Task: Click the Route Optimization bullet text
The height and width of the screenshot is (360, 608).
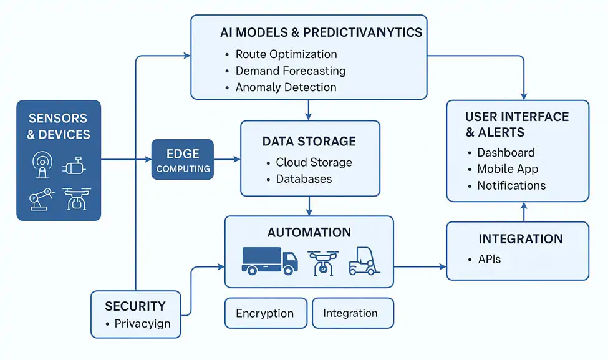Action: tap(286, 54)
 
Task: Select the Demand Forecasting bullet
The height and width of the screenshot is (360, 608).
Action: tap(291, 71)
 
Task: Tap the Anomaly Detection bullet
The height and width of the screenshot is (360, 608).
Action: tap(286, 87)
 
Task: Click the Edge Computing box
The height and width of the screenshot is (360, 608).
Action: tap(183, 160)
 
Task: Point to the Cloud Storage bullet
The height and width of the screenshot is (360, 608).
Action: tap(314, 162)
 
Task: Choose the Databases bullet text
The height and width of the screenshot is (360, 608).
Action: tap(304, 179)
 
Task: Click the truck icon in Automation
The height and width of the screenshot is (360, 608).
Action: tap(269, 260)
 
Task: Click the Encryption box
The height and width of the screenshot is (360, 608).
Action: tap(266, 313)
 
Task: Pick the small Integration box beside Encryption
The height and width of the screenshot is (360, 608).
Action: tap(352, 313)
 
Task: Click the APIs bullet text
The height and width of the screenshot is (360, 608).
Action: tap(489, 258)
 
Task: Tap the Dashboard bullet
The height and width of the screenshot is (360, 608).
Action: tap(506, 153)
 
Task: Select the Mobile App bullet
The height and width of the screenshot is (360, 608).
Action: tap(508, 169)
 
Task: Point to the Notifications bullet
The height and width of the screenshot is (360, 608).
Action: tap(511, 185)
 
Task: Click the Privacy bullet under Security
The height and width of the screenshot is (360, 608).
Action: tap(142, 324)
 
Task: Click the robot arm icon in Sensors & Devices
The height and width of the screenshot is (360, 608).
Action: tap(38, 198)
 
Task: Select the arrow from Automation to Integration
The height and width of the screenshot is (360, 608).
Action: tap(420, 267)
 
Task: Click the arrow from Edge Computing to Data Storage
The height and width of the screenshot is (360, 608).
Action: tap(227, 160)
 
